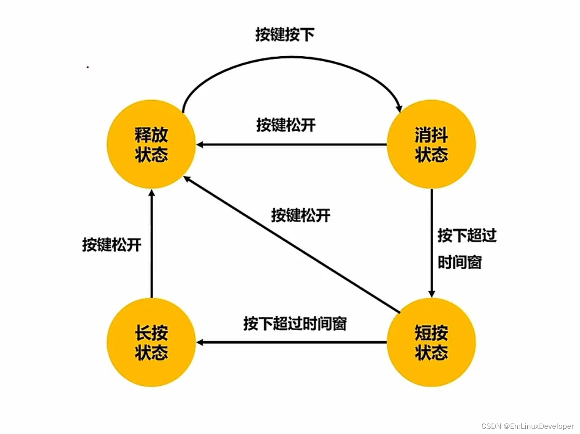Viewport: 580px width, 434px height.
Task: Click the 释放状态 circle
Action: [151, 145]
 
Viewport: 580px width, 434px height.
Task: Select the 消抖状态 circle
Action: [431, 145]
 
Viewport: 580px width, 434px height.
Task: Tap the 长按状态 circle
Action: [151, 343]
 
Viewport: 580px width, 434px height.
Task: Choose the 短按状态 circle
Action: [431, 343]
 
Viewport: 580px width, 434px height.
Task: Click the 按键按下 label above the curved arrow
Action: [284, 34]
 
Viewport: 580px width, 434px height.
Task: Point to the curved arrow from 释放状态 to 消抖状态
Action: [291, 58]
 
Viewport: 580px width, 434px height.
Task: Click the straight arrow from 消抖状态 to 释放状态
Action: [291, 145]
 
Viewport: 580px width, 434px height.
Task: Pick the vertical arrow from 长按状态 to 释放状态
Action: [151, 244]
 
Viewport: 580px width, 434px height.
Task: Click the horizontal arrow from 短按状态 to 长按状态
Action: [291, 342]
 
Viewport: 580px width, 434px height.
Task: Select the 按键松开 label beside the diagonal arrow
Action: [301, 215]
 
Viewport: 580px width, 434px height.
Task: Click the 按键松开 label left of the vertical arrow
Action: [112, 245]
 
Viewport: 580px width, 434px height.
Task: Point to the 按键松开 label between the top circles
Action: [286, 125]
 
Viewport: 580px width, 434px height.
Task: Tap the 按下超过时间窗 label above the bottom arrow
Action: [295, 324]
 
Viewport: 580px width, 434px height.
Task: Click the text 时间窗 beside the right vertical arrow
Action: [460, 262]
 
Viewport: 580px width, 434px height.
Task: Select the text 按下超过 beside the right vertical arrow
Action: [467, 235]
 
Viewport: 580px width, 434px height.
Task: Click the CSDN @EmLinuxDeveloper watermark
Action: [527, 426]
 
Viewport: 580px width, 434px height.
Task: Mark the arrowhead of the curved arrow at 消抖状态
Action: [399, 108]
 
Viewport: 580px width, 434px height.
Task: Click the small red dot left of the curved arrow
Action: [88, 67]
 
